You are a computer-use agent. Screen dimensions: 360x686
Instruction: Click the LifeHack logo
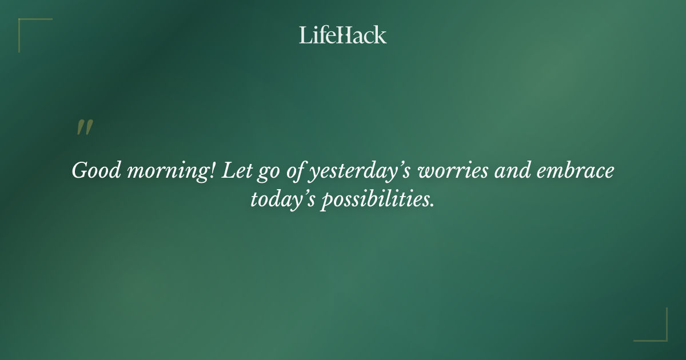pos(343,35)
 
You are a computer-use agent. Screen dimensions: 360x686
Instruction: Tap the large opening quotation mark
pos(85,128)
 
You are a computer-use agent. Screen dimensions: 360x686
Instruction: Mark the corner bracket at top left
pos(23,23)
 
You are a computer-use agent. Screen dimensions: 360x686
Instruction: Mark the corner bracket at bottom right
pos(663,337)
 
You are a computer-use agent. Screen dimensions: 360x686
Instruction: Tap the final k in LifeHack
pos(381,35)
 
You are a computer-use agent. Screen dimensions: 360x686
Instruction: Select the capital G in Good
pos(79,171)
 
